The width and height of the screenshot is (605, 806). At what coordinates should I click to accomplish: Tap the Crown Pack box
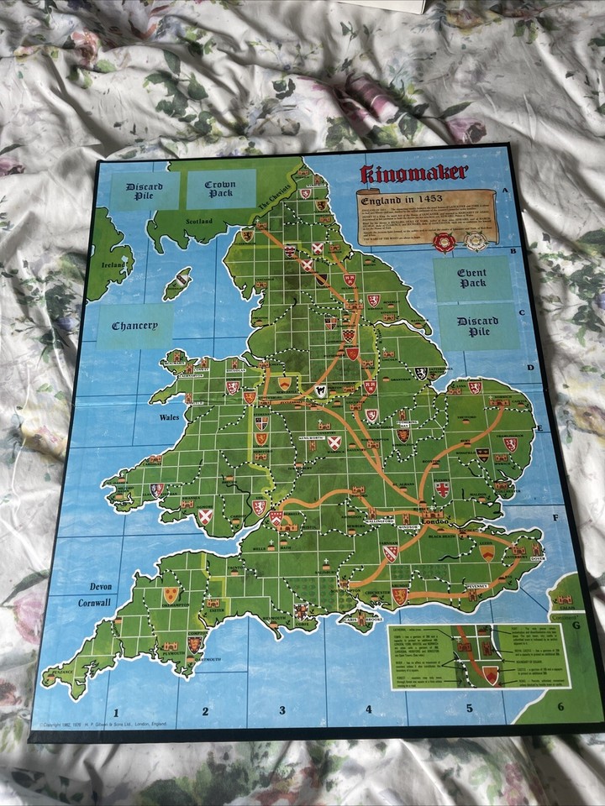tap(220, 190)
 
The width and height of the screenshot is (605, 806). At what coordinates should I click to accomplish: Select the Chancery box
tap(135, 325)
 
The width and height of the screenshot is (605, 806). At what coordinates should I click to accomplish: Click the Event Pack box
tap(472, 277)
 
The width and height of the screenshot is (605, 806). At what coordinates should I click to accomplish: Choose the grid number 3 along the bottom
tap(282, 709)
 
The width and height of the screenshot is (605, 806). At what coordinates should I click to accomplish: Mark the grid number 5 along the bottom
tap(469, 707)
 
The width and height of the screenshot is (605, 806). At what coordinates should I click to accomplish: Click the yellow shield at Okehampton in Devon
tap(171, 595)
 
